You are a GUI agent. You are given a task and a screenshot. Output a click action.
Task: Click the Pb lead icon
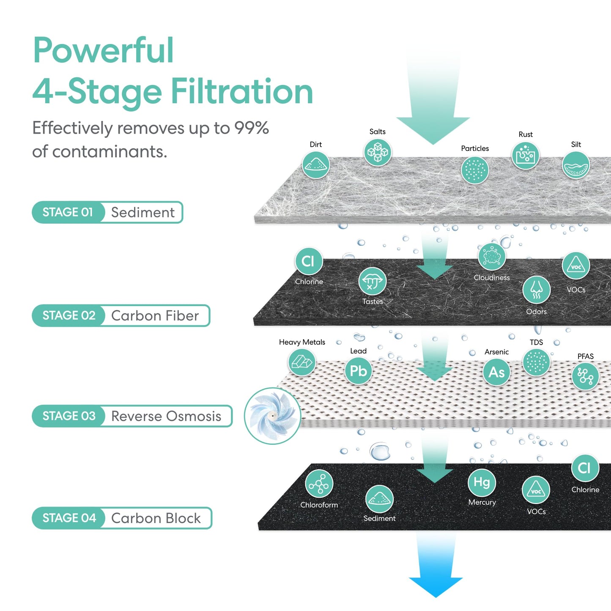pyautogui.click(x=358, y=371)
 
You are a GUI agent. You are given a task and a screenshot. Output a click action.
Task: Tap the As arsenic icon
pyautogui.click(x=496, y=372)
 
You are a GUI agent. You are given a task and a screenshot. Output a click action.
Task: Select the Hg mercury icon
pyautogui.click(x=482, y=482)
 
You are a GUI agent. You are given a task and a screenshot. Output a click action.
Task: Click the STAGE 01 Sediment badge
pyautogui.click(x=107, y=212)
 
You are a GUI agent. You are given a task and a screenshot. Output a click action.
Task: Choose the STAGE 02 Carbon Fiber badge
pyautogui.click(x=121, y=315)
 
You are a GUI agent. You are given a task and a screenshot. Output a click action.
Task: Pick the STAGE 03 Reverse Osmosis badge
pyautogui.click(x=132, y=416)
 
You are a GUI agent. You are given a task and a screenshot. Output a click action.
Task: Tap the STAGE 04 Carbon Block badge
pyautogui.click(x=122, y=518)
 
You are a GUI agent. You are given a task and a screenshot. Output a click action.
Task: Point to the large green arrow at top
pyautogui.click(x=433, y=106)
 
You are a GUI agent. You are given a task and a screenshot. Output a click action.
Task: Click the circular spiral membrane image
pyautogui.click(x=273, y=416)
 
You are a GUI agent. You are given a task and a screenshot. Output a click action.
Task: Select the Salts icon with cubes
pyautogui.click(x=378, y=152)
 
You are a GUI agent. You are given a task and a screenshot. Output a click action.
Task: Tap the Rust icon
pyautogui.click(x=525, y=156)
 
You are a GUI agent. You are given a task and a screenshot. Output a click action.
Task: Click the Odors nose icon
pyautogui.click(x=536, y=290)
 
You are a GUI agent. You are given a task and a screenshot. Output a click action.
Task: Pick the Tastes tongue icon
pyautogui.click(x=372, y=281)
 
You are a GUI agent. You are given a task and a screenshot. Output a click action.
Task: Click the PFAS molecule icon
pyautogui.click(x=585, y=376)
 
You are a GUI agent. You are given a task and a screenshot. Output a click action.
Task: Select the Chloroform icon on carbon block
pyautogui.click(x=319, y=484)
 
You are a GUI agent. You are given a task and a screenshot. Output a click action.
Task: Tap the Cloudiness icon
pyautogui.click(x=491, y=257)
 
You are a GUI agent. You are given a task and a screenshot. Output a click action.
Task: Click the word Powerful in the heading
pyautogui.click(x=103, y=50)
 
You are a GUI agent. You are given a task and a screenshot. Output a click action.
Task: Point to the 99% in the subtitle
pyautogui.click(x=252, y=128)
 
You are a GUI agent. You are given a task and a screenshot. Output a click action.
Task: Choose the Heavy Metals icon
pyautogui.click(x=301, y=362)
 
